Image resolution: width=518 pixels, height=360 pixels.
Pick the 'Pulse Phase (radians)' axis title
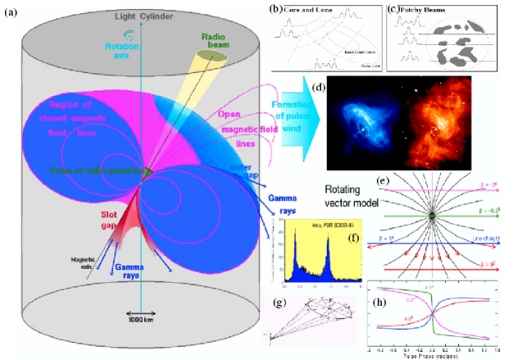click(x=435, y=354)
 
